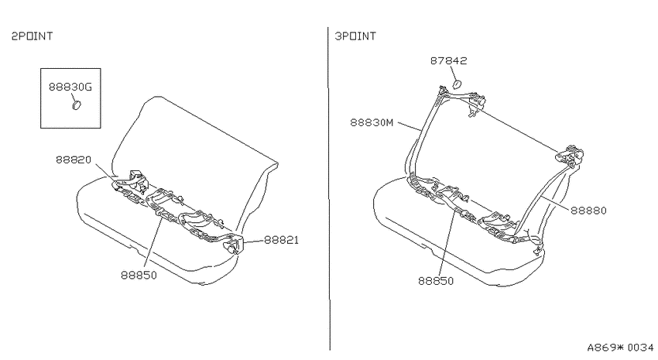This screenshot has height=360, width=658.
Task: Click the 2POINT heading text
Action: [32, 36]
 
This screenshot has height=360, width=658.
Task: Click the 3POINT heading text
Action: [355, 36]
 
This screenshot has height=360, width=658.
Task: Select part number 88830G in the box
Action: [70, 87]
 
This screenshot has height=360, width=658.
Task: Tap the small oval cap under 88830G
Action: [76, 105]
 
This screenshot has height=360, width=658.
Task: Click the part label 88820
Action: [74, 159]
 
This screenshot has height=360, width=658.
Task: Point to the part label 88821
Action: [281, 240]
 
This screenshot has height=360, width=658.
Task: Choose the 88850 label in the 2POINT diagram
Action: [139, 276]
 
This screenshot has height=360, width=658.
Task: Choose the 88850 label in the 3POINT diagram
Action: [436, 281]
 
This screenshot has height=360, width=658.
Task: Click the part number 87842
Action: [448, 60]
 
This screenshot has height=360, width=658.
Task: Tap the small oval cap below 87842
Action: [456, 84]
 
